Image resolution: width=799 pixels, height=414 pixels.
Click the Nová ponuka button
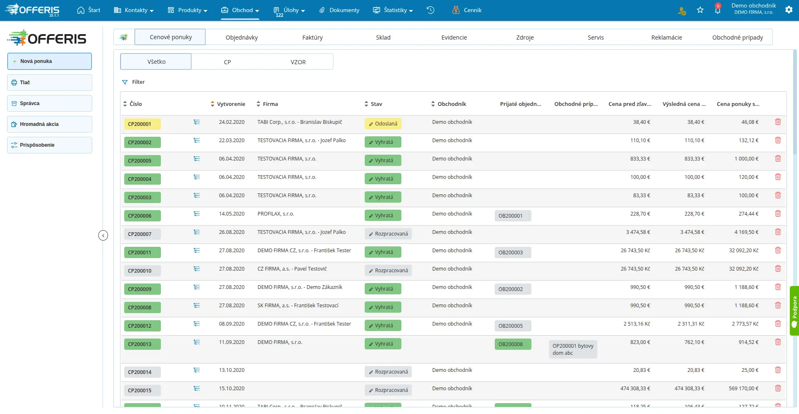click(x=49, y=61)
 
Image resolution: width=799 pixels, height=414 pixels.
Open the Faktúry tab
click(x=312, y=38)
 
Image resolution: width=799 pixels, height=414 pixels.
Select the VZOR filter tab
click(x=298, y=62)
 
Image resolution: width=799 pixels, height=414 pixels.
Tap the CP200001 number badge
click(x=142, y=124)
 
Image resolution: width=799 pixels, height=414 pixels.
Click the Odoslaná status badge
click(x=383, y=124)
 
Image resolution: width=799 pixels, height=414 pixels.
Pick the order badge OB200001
click(x=513, y=216)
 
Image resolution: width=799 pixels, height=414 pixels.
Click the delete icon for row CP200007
click(x=778, y=232)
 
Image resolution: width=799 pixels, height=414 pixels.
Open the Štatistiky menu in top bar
click(x=393, y=10)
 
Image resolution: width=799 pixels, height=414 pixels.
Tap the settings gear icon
click(x=789, y=10)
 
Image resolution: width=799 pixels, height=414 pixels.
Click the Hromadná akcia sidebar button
click(x=49, y=124)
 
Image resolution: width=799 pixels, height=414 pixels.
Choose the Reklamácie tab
click(x=666, y=38)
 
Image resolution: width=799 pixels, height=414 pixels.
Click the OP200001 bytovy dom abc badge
click(x=573, y=349)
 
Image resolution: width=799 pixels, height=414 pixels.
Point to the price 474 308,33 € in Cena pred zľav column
click(x=635, y=389)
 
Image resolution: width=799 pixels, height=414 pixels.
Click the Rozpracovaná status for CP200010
click(x=388, y=271)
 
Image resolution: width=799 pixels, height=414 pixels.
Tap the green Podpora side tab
click(x=794, y=311)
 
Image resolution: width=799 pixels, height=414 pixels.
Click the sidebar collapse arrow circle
click(x=103, y=236)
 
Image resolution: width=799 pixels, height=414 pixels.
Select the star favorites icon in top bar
click(x=700, y=10)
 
